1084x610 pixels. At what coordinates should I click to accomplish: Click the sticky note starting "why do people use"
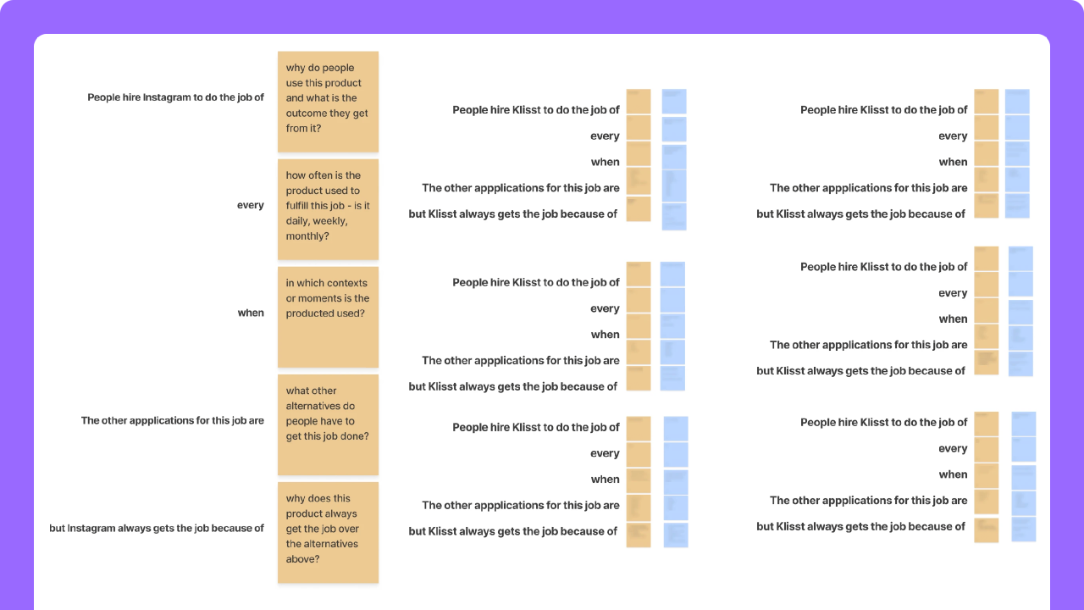click(x=328, y=102)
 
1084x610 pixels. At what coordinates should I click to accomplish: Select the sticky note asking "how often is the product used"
click(x=328, y=209)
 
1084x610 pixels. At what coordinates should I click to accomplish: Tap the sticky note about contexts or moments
click(x=328, y=317)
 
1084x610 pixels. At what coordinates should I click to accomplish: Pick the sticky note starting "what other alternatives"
click(x=328, y=424)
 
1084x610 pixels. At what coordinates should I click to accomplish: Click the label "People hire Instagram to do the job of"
click(x=175, y=97)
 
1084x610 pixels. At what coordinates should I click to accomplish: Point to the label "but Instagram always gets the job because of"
click(x=157, y=528)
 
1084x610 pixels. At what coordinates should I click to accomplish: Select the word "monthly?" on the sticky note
click(x=307, y=236)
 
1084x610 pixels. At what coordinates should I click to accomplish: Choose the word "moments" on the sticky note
click(x=318, y=298)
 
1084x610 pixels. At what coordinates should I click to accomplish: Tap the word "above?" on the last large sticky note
click(x=302, y=559)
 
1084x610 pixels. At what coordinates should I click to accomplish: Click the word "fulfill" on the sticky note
click(x=300, y=206)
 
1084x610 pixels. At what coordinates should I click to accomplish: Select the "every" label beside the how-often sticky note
click(x=251, y=205)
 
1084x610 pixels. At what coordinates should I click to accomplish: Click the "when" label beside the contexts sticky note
click(x=251, y=313)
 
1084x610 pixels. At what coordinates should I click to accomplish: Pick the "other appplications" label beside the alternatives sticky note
click(x=173, y=420)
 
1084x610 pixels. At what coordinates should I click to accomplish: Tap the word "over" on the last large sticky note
click(x=347, y=529)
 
